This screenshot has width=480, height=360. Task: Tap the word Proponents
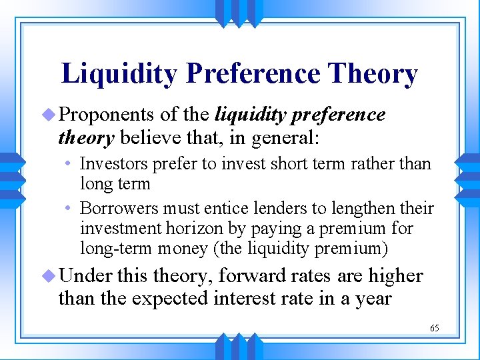pyautogui.click(x=107, y=115)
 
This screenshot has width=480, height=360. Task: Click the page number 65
pyautogui.click(x=434, y=328)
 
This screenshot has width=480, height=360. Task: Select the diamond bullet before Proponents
pyautogui.click(x=50, y=115)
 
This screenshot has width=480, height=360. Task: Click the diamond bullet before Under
pyautogui.click(x=50, y=275)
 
